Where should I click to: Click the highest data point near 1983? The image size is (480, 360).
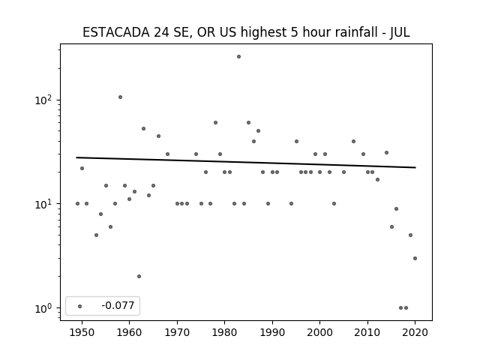238,57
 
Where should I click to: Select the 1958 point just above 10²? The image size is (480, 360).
120,97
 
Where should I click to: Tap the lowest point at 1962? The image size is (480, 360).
139,277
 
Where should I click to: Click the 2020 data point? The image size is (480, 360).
415,258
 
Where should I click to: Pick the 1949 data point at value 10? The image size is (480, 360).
77,203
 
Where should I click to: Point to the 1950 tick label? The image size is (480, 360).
82,332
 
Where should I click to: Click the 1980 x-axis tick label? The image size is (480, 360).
224,332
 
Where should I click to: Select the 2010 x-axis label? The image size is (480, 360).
367,332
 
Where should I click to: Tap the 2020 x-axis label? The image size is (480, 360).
415,332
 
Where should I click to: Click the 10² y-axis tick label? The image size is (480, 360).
43,100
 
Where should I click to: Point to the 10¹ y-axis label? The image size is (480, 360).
43,203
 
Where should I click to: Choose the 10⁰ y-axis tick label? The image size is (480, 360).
43,308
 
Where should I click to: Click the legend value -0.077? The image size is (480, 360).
118,305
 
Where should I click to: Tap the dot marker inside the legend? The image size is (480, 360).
80,306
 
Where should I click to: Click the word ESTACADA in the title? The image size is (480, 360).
116,32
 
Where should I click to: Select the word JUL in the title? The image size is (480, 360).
400,32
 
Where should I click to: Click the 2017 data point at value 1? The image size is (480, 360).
400,308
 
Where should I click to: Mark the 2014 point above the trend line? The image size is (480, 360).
387,152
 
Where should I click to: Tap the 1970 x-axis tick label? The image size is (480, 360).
177,332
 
